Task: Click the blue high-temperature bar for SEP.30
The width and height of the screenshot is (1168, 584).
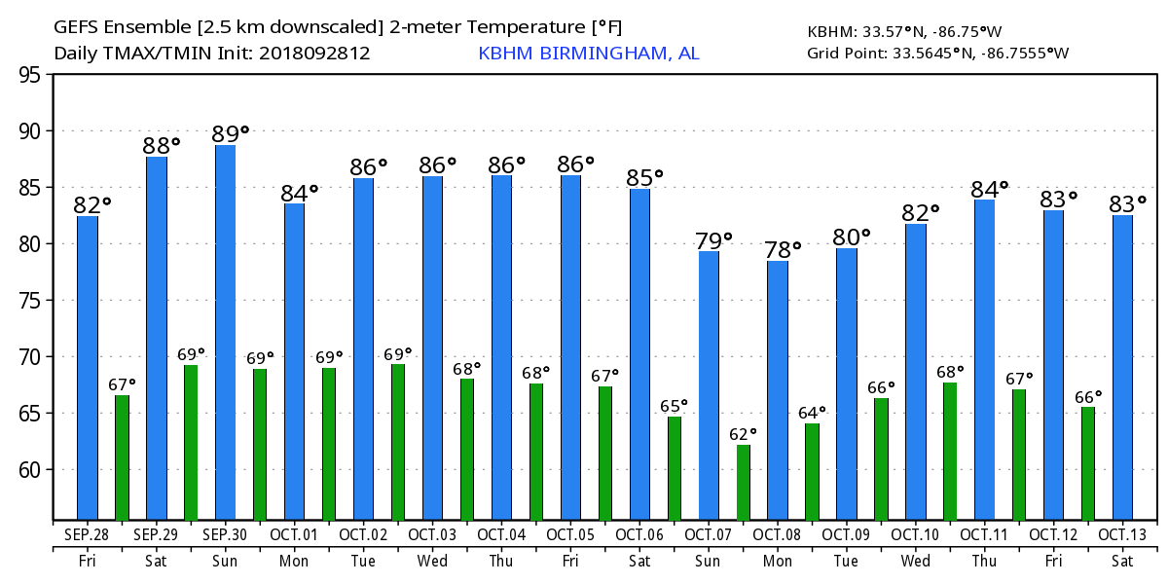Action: pos(225,332)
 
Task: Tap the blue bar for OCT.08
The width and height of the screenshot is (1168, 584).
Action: pos(778,389)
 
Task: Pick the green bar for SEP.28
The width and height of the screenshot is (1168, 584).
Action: pos(122,456)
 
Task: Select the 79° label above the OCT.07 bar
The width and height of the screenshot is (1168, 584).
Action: pos(713,240)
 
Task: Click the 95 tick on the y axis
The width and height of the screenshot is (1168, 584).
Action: pos(30,75)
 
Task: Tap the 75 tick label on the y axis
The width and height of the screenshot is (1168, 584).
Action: pos(30,301)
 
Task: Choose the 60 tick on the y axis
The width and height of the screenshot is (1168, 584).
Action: pos(30,470)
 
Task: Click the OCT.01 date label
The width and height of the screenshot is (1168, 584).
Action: pos(294,534)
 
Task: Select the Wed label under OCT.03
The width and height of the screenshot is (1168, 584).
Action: pos(432,562)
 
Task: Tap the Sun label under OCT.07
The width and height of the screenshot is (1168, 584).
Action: pos(709,562)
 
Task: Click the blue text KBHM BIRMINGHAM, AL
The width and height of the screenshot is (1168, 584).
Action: pos(588,54)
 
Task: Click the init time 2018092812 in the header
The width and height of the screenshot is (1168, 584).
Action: pos(314,54)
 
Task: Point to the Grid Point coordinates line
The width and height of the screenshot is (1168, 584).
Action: pos(937,54)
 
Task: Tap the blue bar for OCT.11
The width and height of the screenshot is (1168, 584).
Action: pos(984,359)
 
